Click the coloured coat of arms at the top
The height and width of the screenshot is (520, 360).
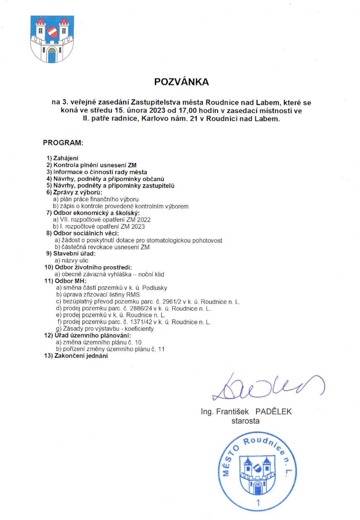point(52,39)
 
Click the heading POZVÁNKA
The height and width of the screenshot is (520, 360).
point(181,82)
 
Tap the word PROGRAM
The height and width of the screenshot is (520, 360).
point(63,143)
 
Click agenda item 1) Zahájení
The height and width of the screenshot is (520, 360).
point(62,158)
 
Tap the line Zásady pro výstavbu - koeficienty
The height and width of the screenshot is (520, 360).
point(103,329)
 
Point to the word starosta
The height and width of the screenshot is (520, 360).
point(245,421)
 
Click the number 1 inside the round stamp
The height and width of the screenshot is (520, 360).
point(258,503)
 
